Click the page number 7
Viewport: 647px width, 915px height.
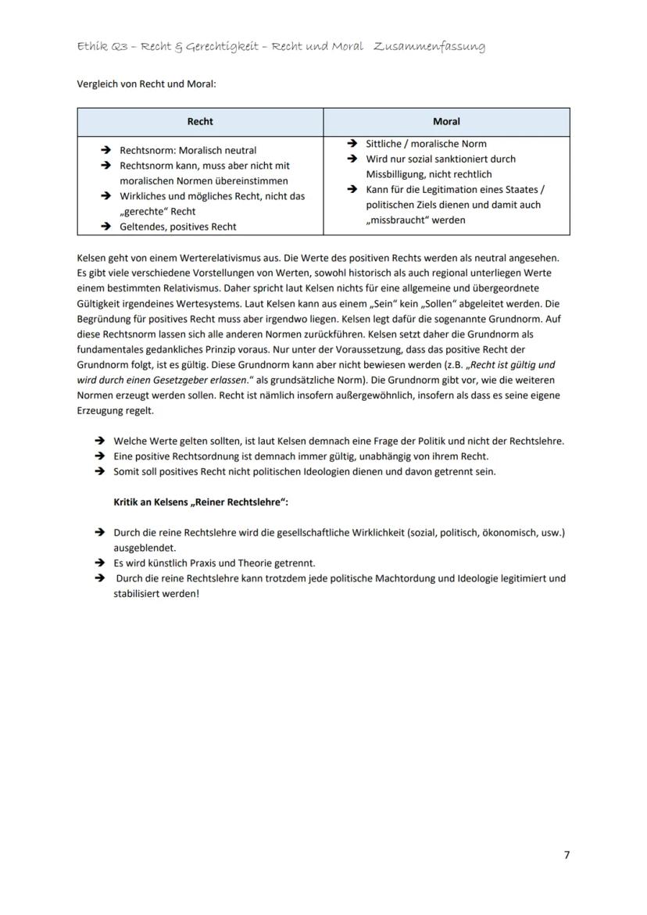(x=567, y=855)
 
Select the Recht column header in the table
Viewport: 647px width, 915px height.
(x=200, y=122)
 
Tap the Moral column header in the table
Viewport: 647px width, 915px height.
(x=446, y=122)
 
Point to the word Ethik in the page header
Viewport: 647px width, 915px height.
(x=91, y=47)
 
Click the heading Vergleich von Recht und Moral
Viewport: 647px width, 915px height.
(x=146, y=84)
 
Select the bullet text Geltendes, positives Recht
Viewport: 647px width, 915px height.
(x=178, y=227)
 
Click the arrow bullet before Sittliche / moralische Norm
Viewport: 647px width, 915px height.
(x=352, y=144)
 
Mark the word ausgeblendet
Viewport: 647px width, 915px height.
(x=145, y=548)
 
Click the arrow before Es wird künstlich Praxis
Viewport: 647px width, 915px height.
(x=100, y=563)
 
